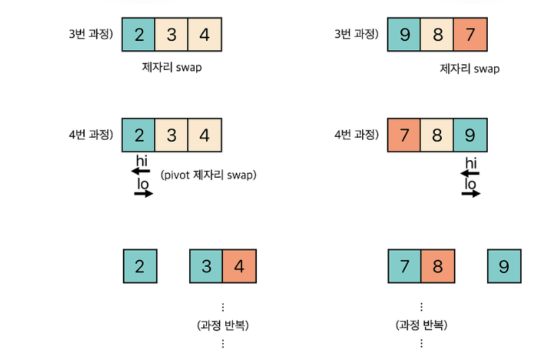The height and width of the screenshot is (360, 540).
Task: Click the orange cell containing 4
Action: pyautogui.click(x=239, y=266)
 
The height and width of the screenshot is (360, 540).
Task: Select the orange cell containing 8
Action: pyautogui.click(x=438, y=266)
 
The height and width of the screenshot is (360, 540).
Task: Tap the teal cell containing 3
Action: pyautogui.click(x=206, y=266)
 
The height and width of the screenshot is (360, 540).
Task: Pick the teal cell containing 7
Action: pyautogui.click(x=404, y=266)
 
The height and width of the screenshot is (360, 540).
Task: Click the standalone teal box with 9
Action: pyautogui.click(x=504, y=266)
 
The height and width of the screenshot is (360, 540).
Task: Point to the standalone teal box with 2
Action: pyautogui.click(x=140, y=266)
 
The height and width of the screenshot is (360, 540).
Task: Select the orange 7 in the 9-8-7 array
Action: pyautogui.click(x=470, y=34)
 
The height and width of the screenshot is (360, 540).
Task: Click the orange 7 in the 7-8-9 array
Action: pyautogui.click(x=404, y=135)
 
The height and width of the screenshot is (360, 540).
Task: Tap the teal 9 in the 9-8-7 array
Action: pyautogui.click(x=404, y=34)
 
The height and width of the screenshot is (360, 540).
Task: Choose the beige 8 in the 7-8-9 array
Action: pyautogui.click(x=437, y=135)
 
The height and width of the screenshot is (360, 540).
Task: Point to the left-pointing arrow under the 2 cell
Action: pyautogui.click(x=141, y=171)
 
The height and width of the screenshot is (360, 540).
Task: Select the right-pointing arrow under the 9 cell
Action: pyautogui.click(x=471, y=193)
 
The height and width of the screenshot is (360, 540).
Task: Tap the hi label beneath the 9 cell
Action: pyautogui.click(x=471, y=163)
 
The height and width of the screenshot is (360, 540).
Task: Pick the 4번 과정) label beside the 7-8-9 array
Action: pyautogui.click(x=356, y=134)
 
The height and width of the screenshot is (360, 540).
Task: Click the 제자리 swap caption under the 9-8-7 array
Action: pyautogui.click(x=469, y=68)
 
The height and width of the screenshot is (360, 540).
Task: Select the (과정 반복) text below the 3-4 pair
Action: pyautogui.click(x=223, y=325)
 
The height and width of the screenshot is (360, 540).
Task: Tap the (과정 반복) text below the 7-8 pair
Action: pyautogui.click(x=421, y=325)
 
